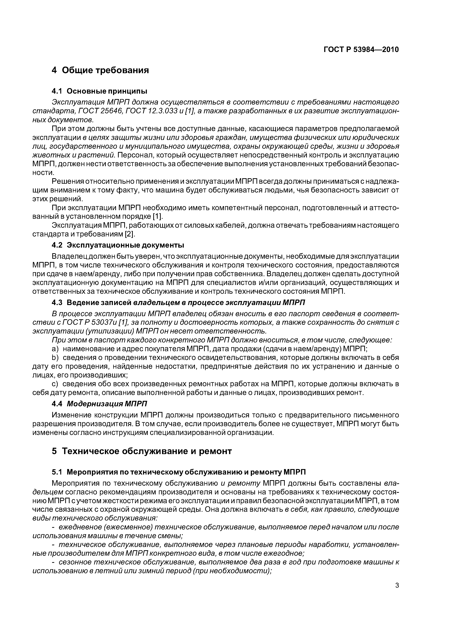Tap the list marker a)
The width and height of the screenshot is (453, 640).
(55, 349)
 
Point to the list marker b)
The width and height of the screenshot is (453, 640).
(55, 358)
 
